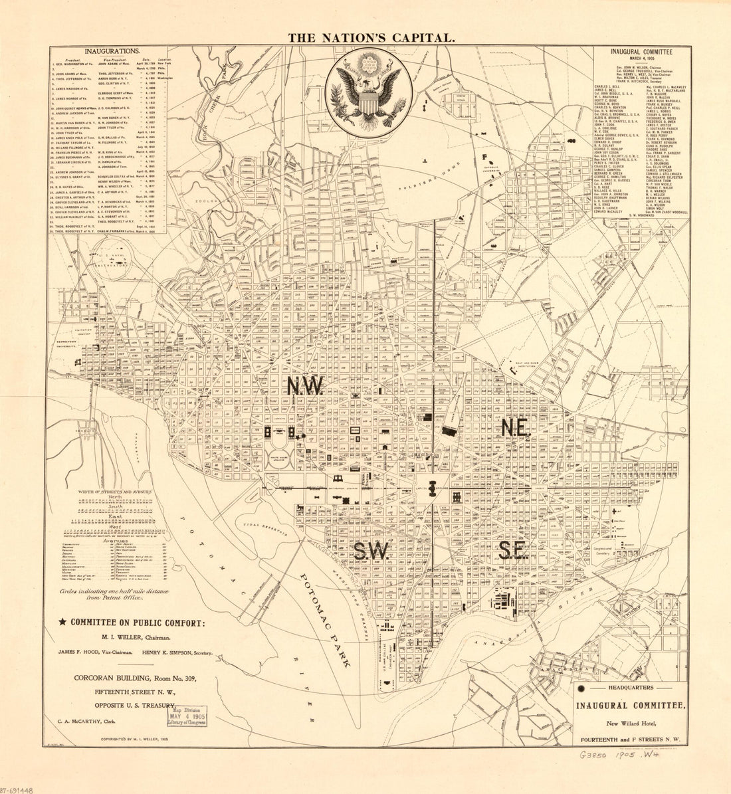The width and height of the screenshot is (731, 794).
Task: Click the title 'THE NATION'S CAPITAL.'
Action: coord(371,38)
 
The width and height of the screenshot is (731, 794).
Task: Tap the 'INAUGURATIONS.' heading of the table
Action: coord(112,51)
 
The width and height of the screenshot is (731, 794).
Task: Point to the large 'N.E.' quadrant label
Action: coord(515,429)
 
